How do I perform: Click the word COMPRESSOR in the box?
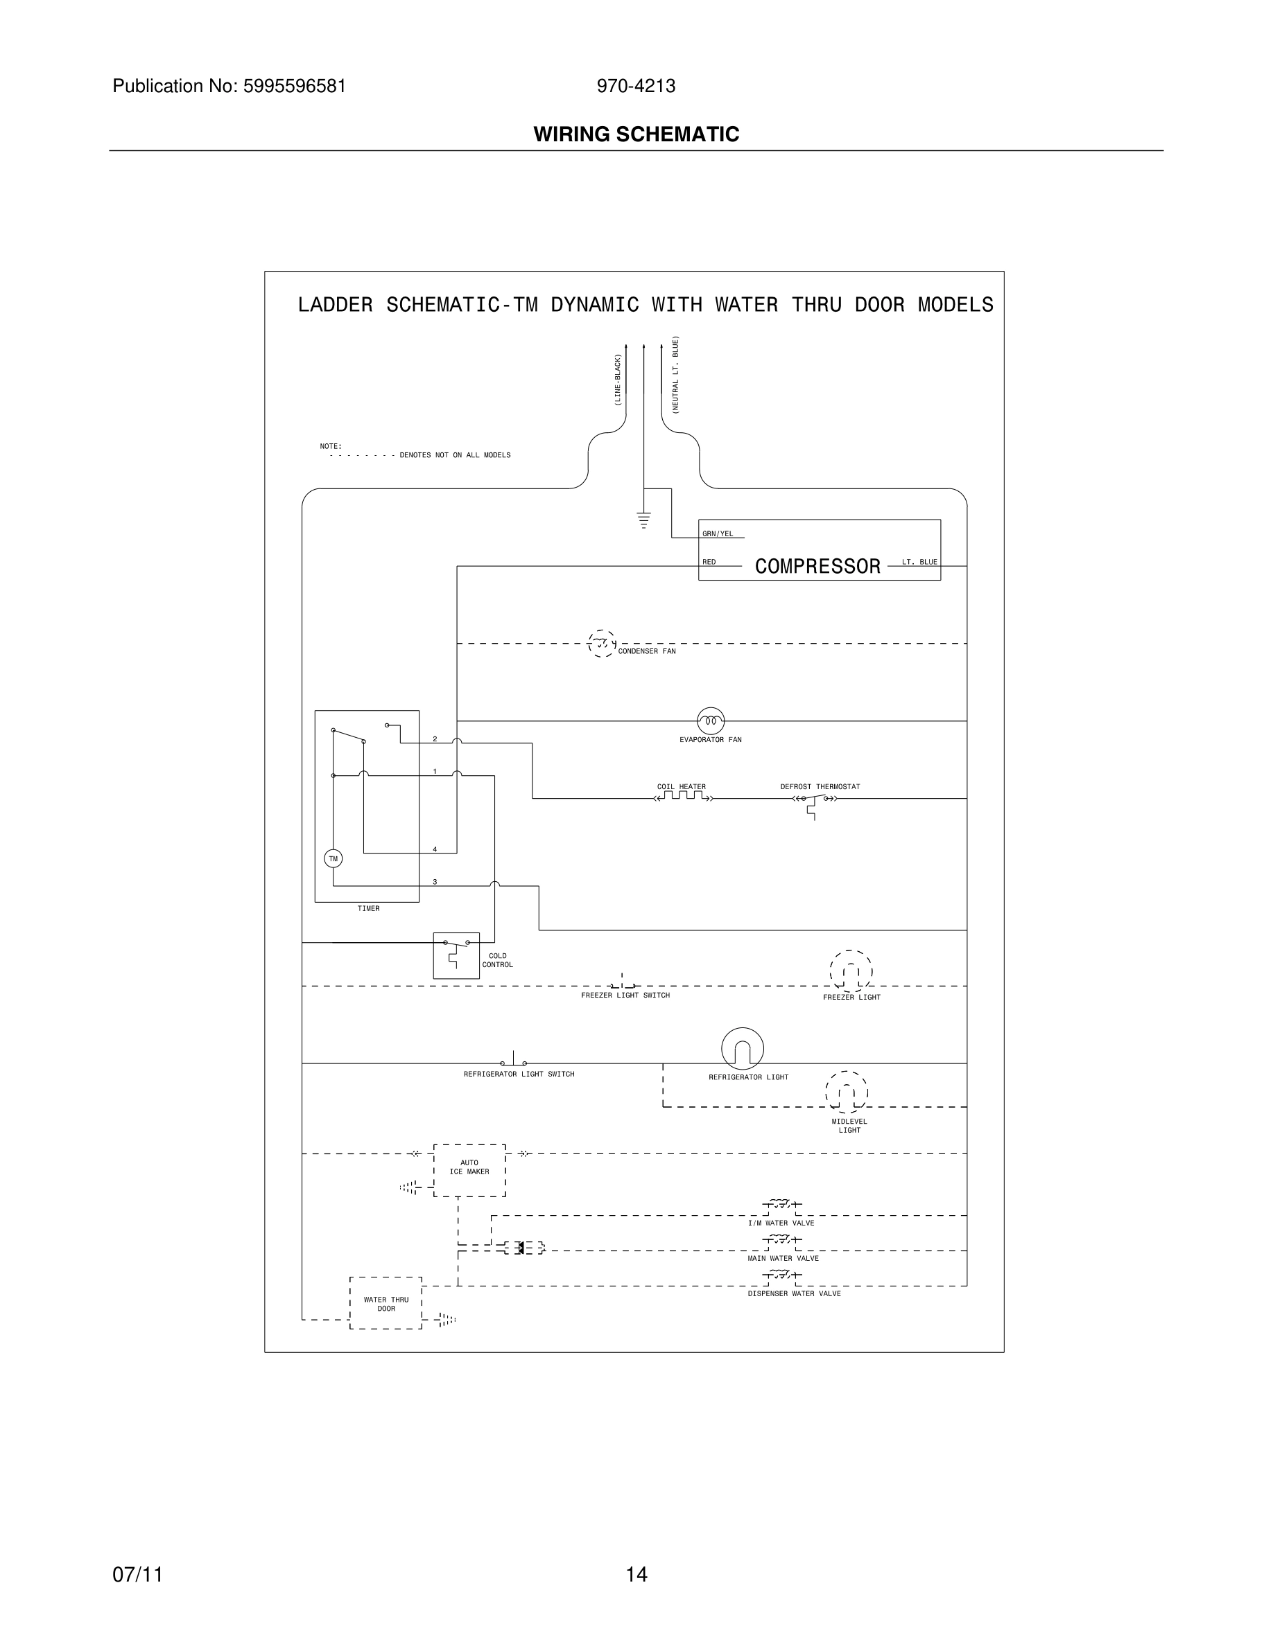click(x=817, y=566)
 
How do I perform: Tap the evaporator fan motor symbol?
click(x=711, y=721)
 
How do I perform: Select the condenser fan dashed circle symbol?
click(x=601, y=644)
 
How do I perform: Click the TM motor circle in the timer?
click(x=333, y=858)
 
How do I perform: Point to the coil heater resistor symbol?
click(x=682, y=797)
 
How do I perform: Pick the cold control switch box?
click(x=456, y=955)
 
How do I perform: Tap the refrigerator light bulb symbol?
click(x=742, y=1048)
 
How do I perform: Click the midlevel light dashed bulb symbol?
click(x=846, y=1092)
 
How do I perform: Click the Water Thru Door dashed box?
click(x=386, y=1304)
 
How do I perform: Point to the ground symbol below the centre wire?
click(x=643, y=520)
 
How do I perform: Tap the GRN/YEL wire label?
click(x=717, y=533)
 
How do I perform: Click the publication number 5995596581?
click(x=294, y=86)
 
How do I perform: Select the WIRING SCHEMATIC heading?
click(x=636, y=134)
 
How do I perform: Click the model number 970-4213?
click(x=636, y=86)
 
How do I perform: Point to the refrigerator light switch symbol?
click(x=514, y=1061)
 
